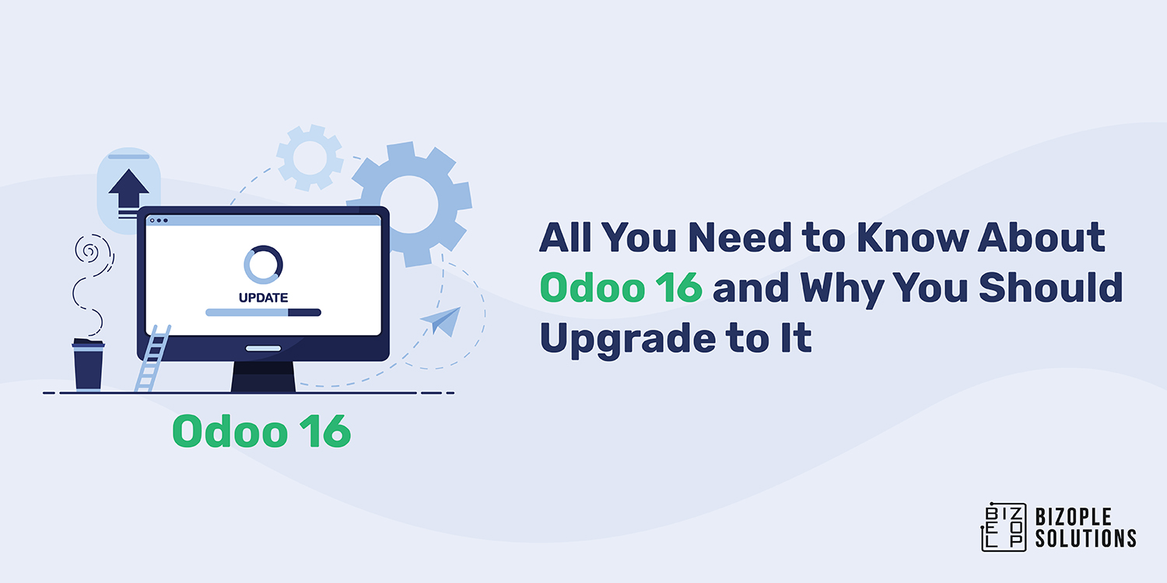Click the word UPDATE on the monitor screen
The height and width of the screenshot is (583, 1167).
[263, 297]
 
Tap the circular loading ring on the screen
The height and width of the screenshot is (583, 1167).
[263, 265]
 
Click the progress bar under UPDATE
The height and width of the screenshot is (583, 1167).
[263, 312]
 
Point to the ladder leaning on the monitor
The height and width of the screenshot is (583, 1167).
[153, 358]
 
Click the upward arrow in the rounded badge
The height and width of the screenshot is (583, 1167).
[128, 190]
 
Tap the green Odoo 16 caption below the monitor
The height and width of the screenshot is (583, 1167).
[261, 431]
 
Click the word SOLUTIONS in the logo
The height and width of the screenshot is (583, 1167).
[1085, 537]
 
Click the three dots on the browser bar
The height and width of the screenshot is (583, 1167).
[158, 220]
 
